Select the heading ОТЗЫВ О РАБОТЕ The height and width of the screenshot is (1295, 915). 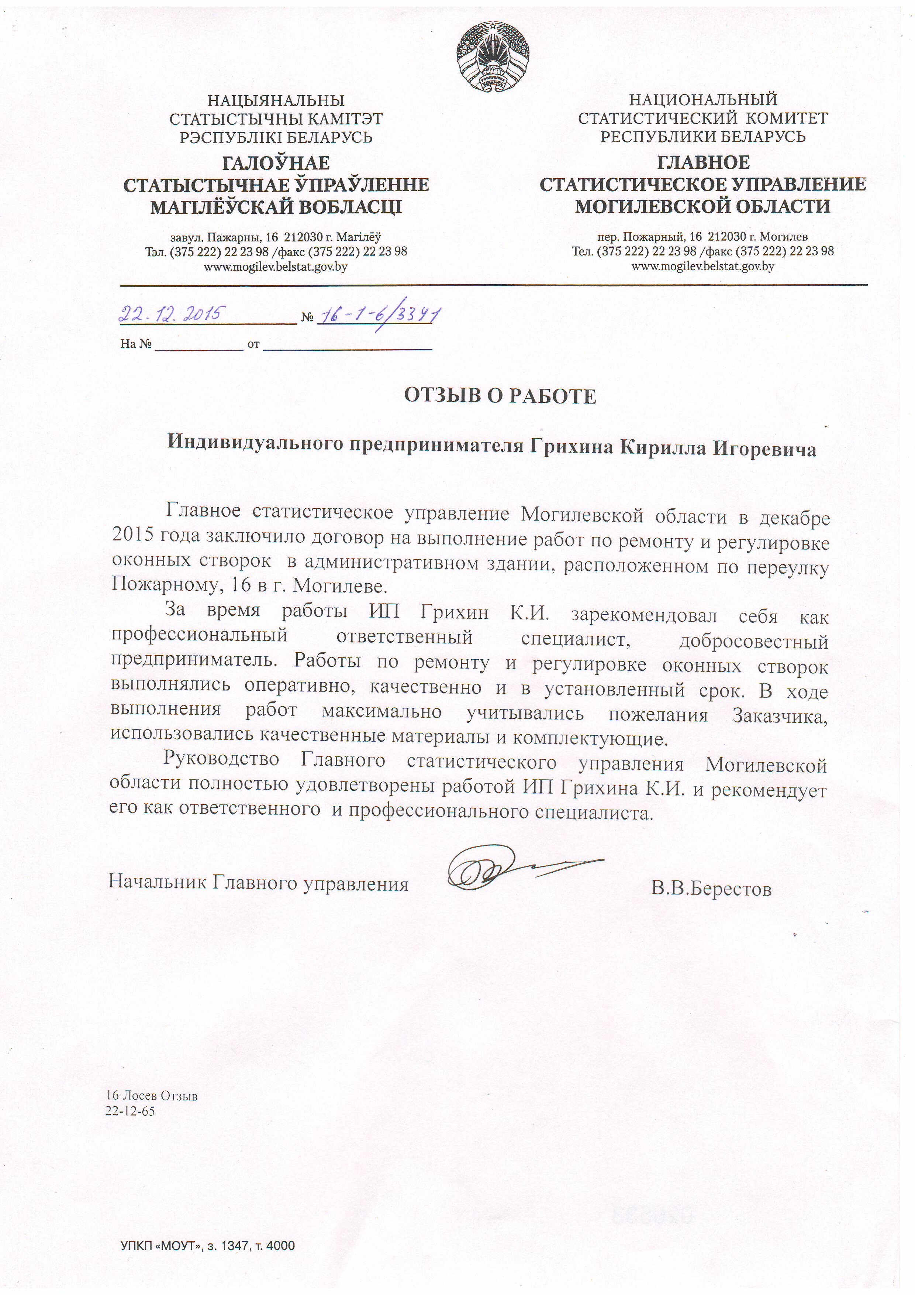coord(500,396)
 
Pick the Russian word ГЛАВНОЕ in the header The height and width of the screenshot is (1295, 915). coord(703,162)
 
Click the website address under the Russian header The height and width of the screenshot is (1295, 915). coord(702,266)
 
